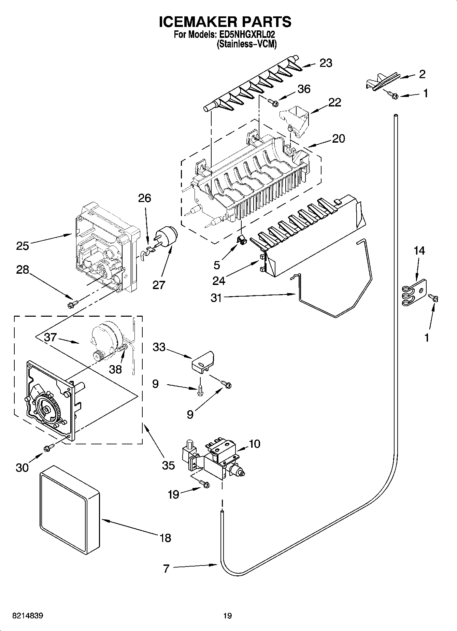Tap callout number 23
(x=326, y=63)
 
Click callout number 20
(x=338, y=139)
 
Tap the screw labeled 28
(x=73, y=303)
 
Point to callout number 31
(x=216, y=298)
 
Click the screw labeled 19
(x=205, y=484)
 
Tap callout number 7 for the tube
(x=166, y=569)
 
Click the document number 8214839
(x=28, y=616)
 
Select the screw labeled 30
(x=49, y=447)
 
